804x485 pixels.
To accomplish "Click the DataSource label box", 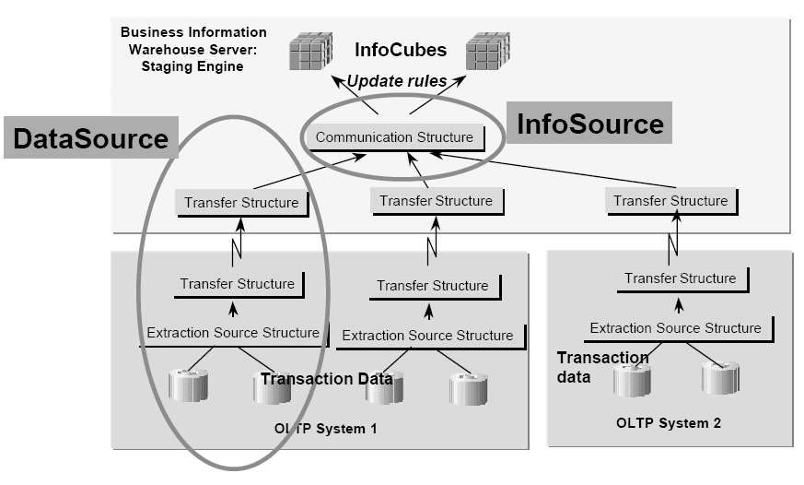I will tap(90, 138).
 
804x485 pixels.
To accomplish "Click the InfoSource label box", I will tap(589, 123).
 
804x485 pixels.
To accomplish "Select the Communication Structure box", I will tap(394, 137).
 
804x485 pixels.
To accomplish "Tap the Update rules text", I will tap(396, 81).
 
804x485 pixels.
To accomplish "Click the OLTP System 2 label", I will tap(668, 423).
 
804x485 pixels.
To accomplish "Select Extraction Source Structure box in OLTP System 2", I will tap(675, 328).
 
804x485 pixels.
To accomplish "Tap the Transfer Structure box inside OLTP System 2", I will tap(680, 278).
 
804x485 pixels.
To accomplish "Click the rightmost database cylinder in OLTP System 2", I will tap(720, 378).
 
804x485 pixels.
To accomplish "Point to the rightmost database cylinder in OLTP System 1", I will tap(468, 388).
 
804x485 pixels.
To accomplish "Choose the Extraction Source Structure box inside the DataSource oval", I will tap(232, 333).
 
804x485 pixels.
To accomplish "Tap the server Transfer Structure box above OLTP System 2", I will tap(670, 201).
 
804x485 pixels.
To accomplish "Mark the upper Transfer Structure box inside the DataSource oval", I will tap(241, 203).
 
